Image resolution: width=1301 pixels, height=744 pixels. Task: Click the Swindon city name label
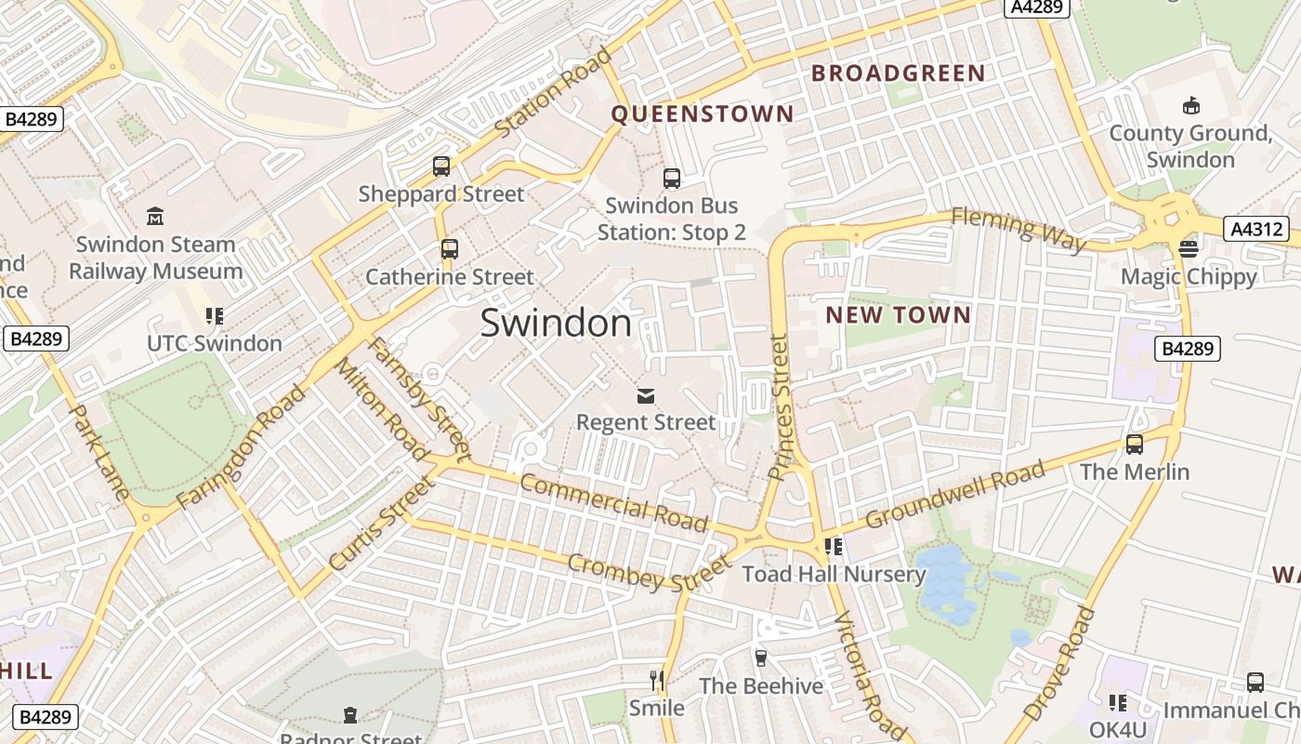click(x=556, y=323)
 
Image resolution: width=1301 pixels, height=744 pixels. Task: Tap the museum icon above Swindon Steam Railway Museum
click(x=155, y=217)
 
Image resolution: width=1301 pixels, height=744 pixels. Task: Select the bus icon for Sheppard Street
click(x=441, y=166)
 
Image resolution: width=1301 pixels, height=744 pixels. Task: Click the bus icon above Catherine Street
click(x=450, y=249)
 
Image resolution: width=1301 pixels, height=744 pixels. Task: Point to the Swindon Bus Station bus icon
click(x=671, y=179)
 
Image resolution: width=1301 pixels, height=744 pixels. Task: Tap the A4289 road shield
click(x=1037, y=7)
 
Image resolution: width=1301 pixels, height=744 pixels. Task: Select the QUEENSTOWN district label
click(x=703, y=114)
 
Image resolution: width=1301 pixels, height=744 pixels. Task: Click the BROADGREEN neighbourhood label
click(x=899, y=73)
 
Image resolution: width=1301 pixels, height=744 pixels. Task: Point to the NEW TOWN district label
click(x=899, y=315)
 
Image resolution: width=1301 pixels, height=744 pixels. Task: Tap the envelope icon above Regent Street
click(x=646, y=397)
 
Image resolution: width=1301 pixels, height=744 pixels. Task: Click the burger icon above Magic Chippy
click(x=1189, y=248)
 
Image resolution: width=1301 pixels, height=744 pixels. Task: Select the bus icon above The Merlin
click(x=1135, y=445)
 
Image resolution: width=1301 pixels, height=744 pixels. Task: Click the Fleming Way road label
click(x=1018, y=229)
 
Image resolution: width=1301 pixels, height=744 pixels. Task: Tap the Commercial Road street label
click(x=613, y=502)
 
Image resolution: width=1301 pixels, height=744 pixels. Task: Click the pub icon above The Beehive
click(x=761, y=658)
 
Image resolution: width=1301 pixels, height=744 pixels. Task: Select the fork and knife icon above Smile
click(x=657, y=681)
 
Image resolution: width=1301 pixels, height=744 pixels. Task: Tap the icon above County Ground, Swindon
click(x=1190, y=106)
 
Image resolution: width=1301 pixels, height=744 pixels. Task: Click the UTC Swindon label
click(x=215, y=343)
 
